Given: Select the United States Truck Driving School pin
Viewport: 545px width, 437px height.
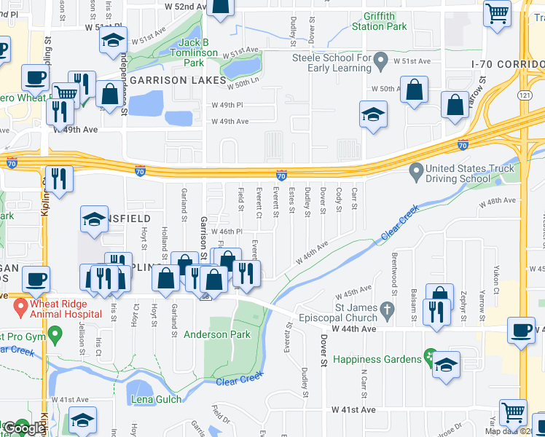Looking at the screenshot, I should point(416,173).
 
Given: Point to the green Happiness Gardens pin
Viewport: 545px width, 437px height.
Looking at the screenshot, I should point(429,359).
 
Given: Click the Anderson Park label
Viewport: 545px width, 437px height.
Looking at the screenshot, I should point(216,335).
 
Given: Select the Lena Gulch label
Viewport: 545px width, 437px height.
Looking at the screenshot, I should point(156,399).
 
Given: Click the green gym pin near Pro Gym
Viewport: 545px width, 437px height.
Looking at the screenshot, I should point(54,336).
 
